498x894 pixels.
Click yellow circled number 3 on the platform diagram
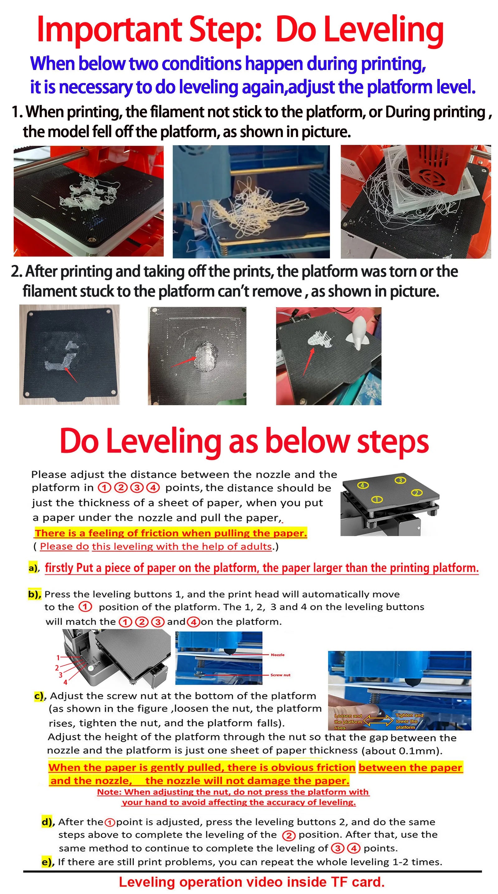click(400, 480)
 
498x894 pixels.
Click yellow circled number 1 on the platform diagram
click(377, 500)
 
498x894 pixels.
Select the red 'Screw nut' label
click(280, 675)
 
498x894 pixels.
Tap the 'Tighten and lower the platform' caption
click(409, 721)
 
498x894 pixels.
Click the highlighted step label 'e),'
click(48, 862)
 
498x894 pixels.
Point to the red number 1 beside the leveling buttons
click(58, 657)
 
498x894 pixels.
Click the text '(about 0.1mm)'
click(402, 751)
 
